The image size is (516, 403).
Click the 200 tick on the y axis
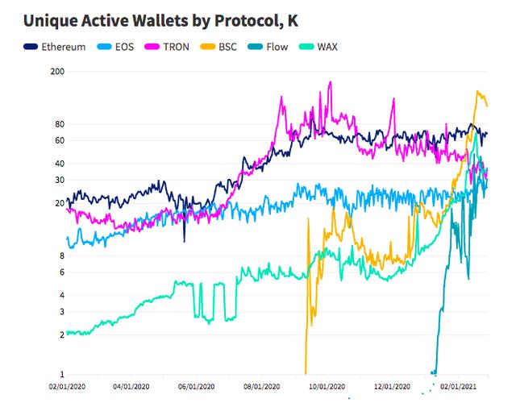click(x=56, y=72)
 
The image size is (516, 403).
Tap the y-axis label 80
click(x=59, y=124)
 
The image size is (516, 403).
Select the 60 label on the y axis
click(x=59, y=140)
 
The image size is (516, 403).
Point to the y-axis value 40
click(x=59, y=164)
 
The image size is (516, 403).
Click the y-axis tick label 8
click(x=61, y=256)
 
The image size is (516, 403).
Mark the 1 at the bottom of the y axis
click(x=61, y=374)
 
